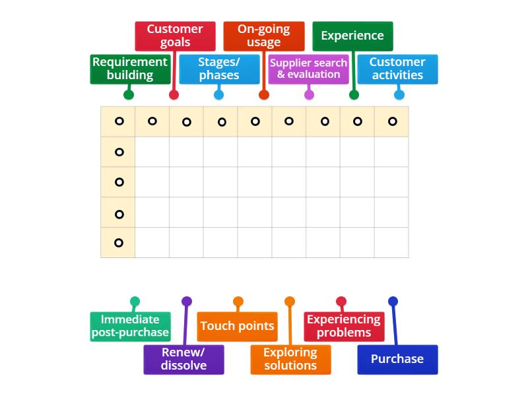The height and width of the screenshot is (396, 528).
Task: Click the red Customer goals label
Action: [175, 36]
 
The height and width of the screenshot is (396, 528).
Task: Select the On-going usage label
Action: [264, 36]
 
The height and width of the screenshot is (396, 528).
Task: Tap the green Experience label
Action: [352, 36]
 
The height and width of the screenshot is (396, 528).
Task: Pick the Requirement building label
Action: [130, 69]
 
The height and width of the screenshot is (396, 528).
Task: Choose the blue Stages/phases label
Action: [219, 69]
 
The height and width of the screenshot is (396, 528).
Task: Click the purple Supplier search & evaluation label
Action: [309, 69]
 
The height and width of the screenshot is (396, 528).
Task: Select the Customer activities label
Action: [397, 69]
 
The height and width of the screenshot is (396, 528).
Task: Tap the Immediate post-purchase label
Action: [130, 326]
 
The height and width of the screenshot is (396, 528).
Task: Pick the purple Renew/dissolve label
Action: [183, 359]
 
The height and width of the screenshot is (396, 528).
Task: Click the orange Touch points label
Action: [237, 326]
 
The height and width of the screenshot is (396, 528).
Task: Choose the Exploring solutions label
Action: [290, 359]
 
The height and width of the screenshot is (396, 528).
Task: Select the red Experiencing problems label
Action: [344, 326]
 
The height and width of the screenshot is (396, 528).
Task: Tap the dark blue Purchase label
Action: [397, 359]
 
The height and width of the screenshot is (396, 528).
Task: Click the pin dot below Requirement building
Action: [129, 94]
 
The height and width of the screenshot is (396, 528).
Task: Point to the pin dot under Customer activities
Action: [399, 94]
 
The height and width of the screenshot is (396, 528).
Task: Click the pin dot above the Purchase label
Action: [393, 302]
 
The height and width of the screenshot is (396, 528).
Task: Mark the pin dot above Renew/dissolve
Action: [187, 302]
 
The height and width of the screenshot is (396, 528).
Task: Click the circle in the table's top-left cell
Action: [119, 121]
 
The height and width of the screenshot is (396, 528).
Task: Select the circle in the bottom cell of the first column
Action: [119, 243]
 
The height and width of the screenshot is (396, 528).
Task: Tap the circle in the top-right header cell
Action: [393, 121]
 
